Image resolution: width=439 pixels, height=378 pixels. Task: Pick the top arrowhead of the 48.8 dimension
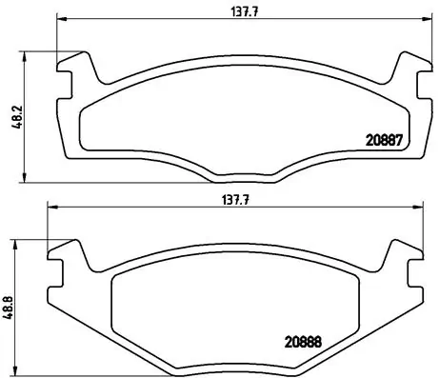(x=15, y=242)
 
